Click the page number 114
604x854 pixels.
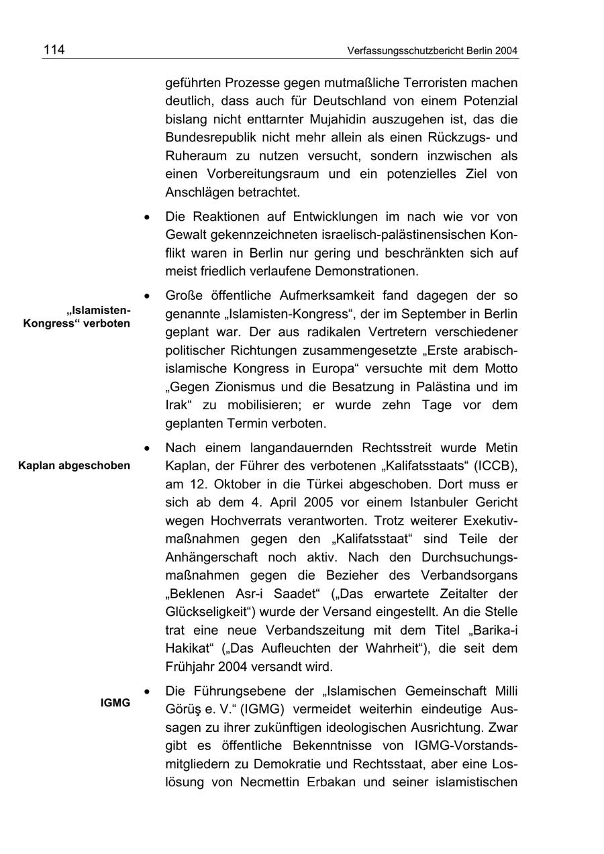(54, 50)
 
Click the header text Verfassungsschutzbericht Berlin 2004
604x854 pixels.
(433, 51)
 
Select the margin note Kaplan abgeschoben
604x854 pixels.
(74, 466)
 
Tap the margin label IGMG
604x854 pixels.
(115, 703)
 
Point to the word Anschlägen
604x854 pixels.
(199, 192)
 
